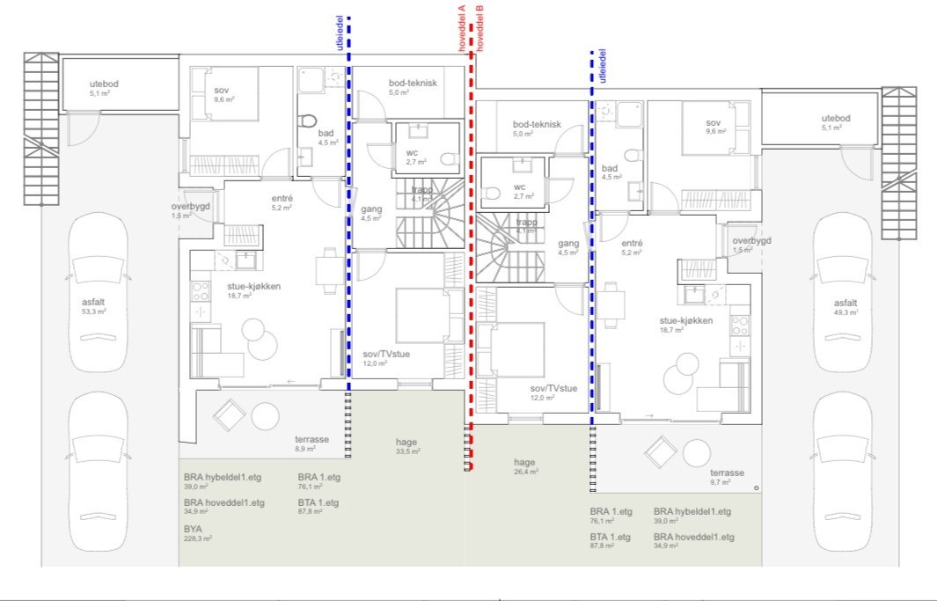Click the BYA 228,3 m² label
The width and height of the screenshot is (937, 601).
(197, 532)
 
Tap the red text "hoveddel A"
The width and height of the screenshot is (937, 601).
(461, 28)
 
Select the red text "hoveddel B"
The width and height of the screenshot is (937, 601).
(479, 28)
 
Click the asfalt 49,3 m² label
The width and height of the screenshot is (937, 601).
(852, 305)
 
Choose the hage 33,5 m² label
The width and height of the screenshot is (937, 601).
(406, 446)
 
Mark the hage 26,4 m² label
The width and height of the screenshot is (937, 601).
(525, 465)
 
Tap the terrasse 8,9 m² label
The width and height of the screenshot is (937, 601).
(311, 443)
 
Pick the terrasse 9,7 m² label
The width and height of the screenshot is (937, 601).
(728, 476)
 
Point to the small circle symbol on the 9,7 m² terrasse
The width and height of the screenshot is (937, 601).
(757, 487)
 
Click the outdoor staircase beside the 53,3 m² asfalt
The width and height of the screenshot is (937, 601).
(40, 128)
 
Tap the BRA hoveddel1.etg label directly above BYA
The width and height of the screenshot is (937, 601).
(223, 506)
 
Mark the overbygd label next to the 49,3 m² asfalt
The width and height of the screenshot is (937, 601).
(751, 245)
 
